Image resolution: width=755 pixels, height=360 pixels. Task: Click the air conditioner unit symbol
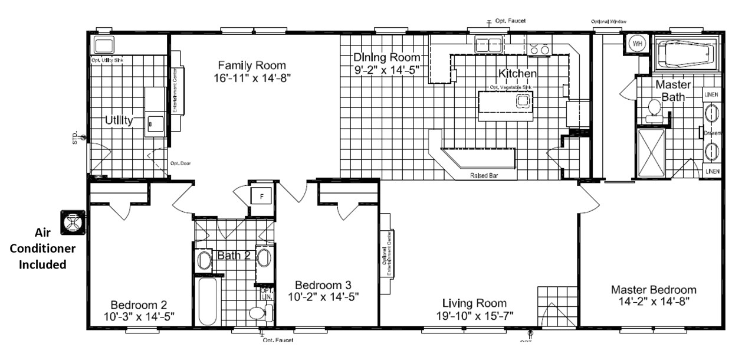point(73,222)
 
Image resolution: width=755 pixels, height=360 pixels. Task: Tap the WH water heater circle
point(637,44)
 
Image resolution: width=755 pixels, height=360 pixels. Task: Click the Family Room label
point(252,65)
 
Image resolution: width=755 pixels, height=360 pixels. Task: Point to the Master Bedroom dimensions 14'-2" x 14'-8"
point(654,301)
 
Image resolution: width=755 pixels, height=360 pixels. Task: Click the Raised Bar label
point(482,175)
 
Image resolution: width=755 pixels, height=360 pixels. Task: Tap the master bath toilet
point(654,110)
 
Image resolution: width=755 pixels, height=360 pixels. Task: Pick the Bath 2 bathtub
point(208,301)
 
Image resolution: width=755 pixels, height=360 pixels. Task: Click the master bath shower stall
point(651,152)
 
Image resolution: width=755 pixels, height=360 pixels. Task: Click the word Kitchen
point(517,74)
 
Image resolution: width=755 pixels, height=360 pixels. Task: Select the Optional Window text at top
point(609,21)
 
